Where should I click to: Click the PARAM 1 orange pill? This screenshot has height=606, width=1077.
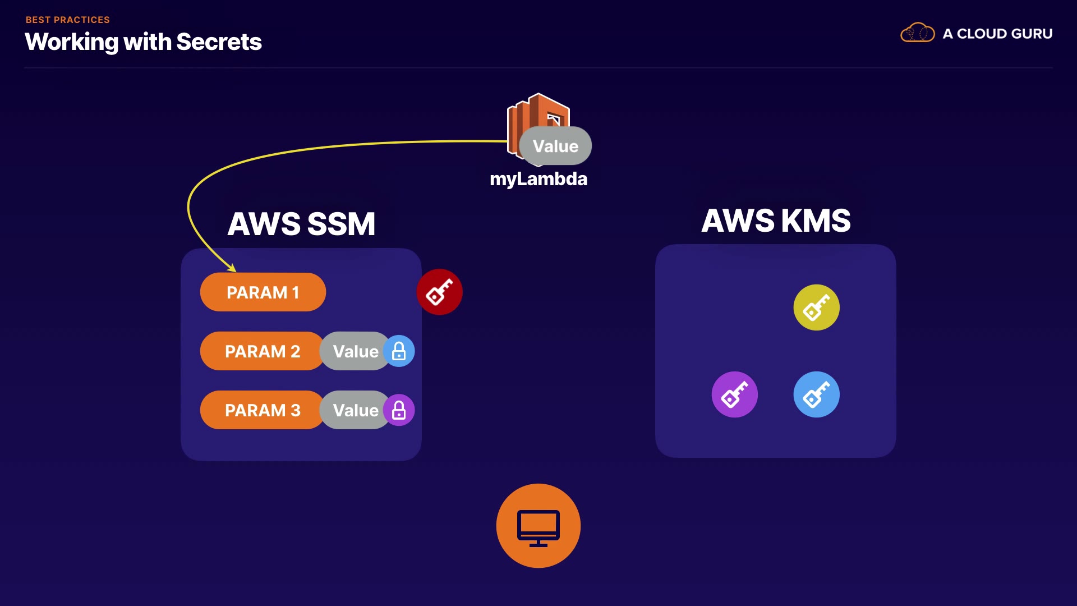[263, 292]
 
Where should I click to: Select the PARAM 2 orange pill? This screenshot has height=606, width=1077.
[262, 351]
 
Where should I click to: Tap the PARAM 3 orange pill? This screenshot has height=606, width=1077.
[262, 410]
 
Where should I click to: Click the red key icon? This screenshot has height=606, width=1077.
[439, 292]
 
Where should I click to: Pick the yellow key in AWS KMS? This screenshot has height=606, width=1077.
[816, 307]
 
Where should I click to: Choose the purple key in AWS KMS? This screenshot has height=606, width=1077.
[734, 394]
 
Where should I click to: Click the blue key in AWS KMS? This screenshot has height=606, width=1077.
[816, 394]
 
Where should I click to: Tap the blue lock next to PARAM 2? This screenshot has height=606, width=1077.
[399, 351]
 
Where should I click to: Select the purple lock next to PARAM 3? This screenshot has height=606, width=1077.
[399, 410]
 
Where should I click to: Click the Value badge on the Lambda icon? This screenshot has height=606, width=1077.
[555, 146]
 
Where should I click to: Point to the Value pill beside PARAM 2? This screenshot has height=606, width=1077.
[355, 351]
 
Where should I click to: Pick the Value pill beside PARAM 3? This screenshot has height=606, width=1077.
[355, 410]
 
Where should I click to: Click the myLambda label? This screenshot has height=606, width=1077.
[538, 179]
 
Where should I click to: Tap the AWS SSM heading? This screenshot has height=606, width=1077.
[301, 224]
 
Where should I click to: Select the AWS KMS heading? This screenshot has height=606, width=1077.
[776, 221]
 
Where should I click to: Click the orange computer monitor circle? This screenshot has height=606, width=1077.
[538, 526]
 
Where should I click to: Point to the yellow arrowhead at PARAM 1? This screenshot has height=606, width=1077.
[232, 268]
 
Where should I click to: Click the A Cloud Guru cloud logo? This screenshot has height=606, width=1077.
[917, 33]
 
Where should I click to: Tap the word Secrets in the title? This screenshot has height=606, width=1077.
[219, 42]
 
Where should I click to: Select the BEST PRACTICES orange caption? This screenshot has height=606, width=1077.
[68, 20]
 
